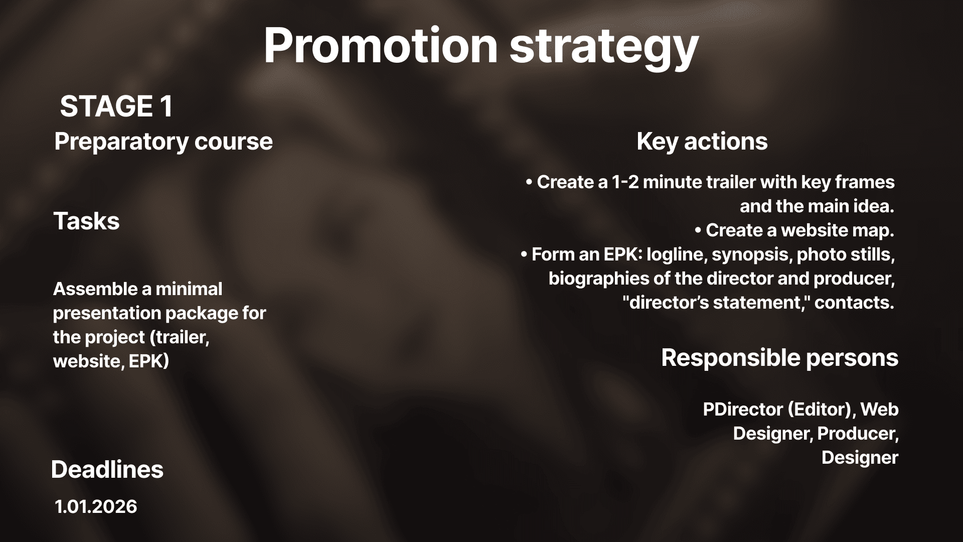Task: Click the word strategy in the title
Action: point(604,49)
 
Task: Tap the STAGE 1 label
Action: point(116,106)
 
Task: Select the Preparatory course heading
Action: point(164,142)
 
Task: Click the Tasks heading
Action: point(86,221)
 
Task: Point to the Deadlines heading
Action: point(107,469)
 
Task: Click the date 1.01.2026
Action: point(96,506)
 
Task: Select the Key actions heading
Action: point(702,141)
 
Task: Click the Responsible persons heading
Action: point(780,358)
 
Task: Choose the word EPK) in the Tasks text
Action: point(148,361)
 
